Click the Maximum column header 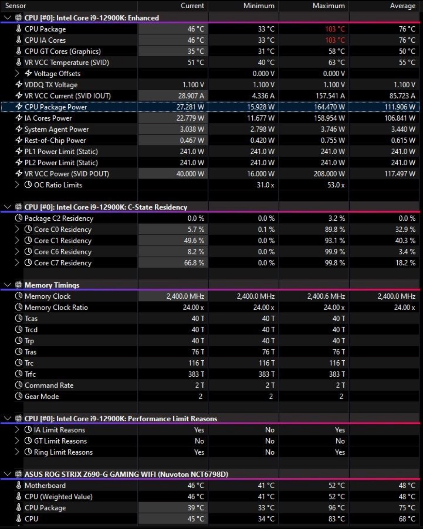[328, 6]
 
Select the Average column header [402, 6]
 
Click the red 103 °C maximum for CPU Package [335, 29]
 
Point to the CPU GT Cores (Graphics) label [63, 51]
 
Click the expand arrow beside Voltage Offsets [17, 73]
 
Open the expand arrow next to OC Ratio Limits [17, 185]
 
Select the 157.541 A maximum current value [330, 96]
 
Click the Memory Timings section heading [52, 285]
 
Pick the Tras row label [30, 352]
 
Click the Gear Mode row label [42, 396]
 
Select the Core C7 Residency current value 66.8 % [194, 263]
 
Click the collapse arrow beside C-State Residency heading [8, 207]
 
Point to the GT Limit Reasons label [60, 441]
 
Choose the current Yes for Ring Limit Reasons [199, 452]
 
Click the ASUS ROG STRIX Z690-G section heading [126, 474]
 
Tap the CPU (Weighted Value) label [58, 497]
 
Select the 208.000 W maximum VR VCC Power [329, 174]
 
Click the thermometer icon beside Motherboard [19, 485]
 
